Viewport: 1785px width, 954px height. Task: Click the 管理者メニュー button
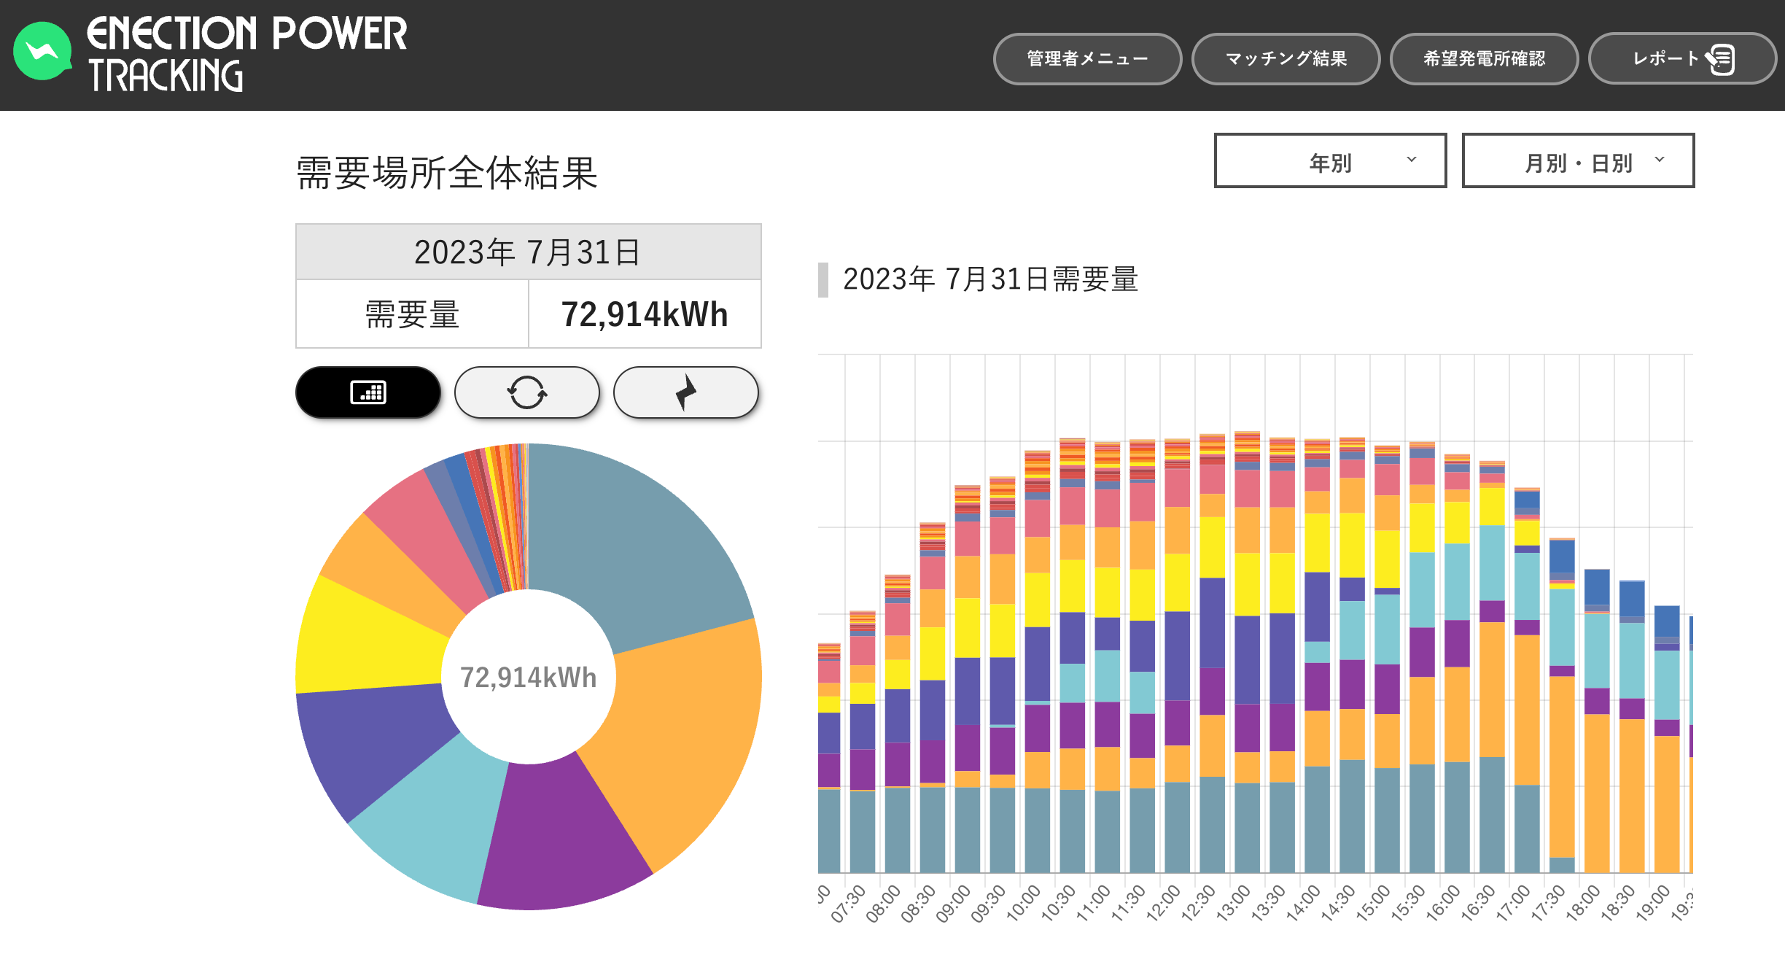(1086, 59)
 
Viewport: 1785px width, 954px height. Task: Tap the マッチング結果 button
(1286, 59)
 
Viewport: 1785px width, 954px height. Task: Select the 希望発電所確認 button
(1484, 59)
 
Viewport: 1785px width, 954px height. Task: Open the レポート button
(1681, 59)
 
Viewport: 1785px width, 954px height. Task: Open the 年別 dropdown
(1330, 161)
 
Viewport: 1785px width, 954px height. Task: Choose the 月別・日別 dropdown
(1578, 161)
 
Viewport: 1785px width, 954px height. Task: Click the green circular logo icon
(42, 51)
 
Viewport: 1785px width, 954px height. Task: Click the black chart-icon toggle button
(368, 392)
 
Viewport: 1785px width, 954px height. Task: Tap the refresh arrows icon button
(526, 392)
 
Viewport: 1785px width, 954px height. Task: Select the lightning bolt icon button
(685, 392)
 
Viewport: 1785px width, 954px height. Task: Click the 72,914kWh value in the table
(645, 315)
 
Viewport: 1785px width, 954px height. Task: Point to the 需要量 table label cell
(412, 315)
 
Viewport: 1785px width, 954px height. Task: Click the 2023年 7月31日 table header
(528, 252)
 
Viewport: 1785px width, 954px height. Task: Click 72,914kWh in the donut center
(528, 678)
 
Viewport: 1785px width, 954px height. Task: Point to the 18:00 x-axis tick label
(1582, 903)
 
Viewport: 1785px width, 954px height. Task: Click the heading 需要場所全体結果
(446, 174)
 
